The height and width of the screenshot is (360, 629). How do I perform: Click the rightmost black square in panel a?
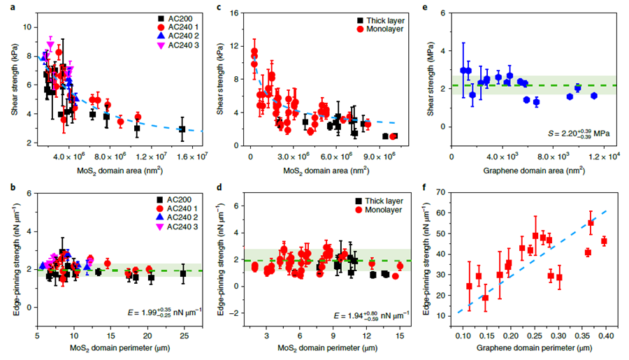click(x=182, y=129)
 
